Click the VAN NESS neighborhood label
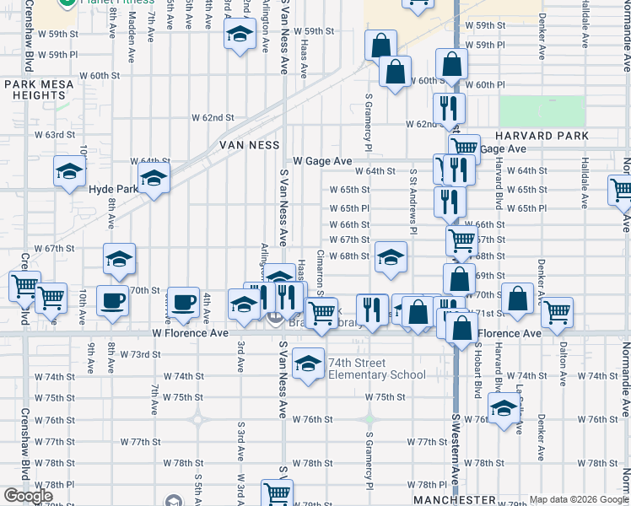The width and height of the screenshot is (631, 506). click(x=249, y=145)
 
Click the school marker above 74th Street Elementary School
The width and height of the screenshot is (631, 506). click(x=308, y=363)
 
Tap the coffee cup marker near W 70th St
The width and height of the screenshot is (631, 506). click(x=111, y=301)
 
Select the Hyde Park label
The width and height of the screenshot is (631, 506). click(x=113, y=190)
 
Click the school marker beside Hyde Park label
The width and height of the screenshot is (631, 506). click(x=154, y=178)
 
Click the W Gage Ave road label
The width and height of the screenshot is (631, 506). click(x=322, y=161)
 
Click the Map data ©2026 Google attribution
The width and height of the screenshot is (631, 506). click(x=579, y=500)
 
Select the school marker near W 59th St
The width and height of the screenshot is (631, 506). click(x=240, y=35)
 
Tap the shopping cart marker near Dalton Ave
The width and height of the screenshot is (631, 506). click(x=557, y=312)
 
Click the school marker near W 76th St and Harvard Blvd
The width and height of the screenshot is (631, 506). click(x=504, y=410)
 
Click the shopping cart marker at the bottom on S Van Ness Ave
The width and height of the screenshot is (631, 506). click(x=276, y=492)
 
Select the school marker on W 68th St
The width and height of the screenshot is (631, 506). click(x=391, y=258)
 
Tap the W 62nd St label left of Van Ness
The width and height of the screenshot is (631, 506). click(x=212, y=117)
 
